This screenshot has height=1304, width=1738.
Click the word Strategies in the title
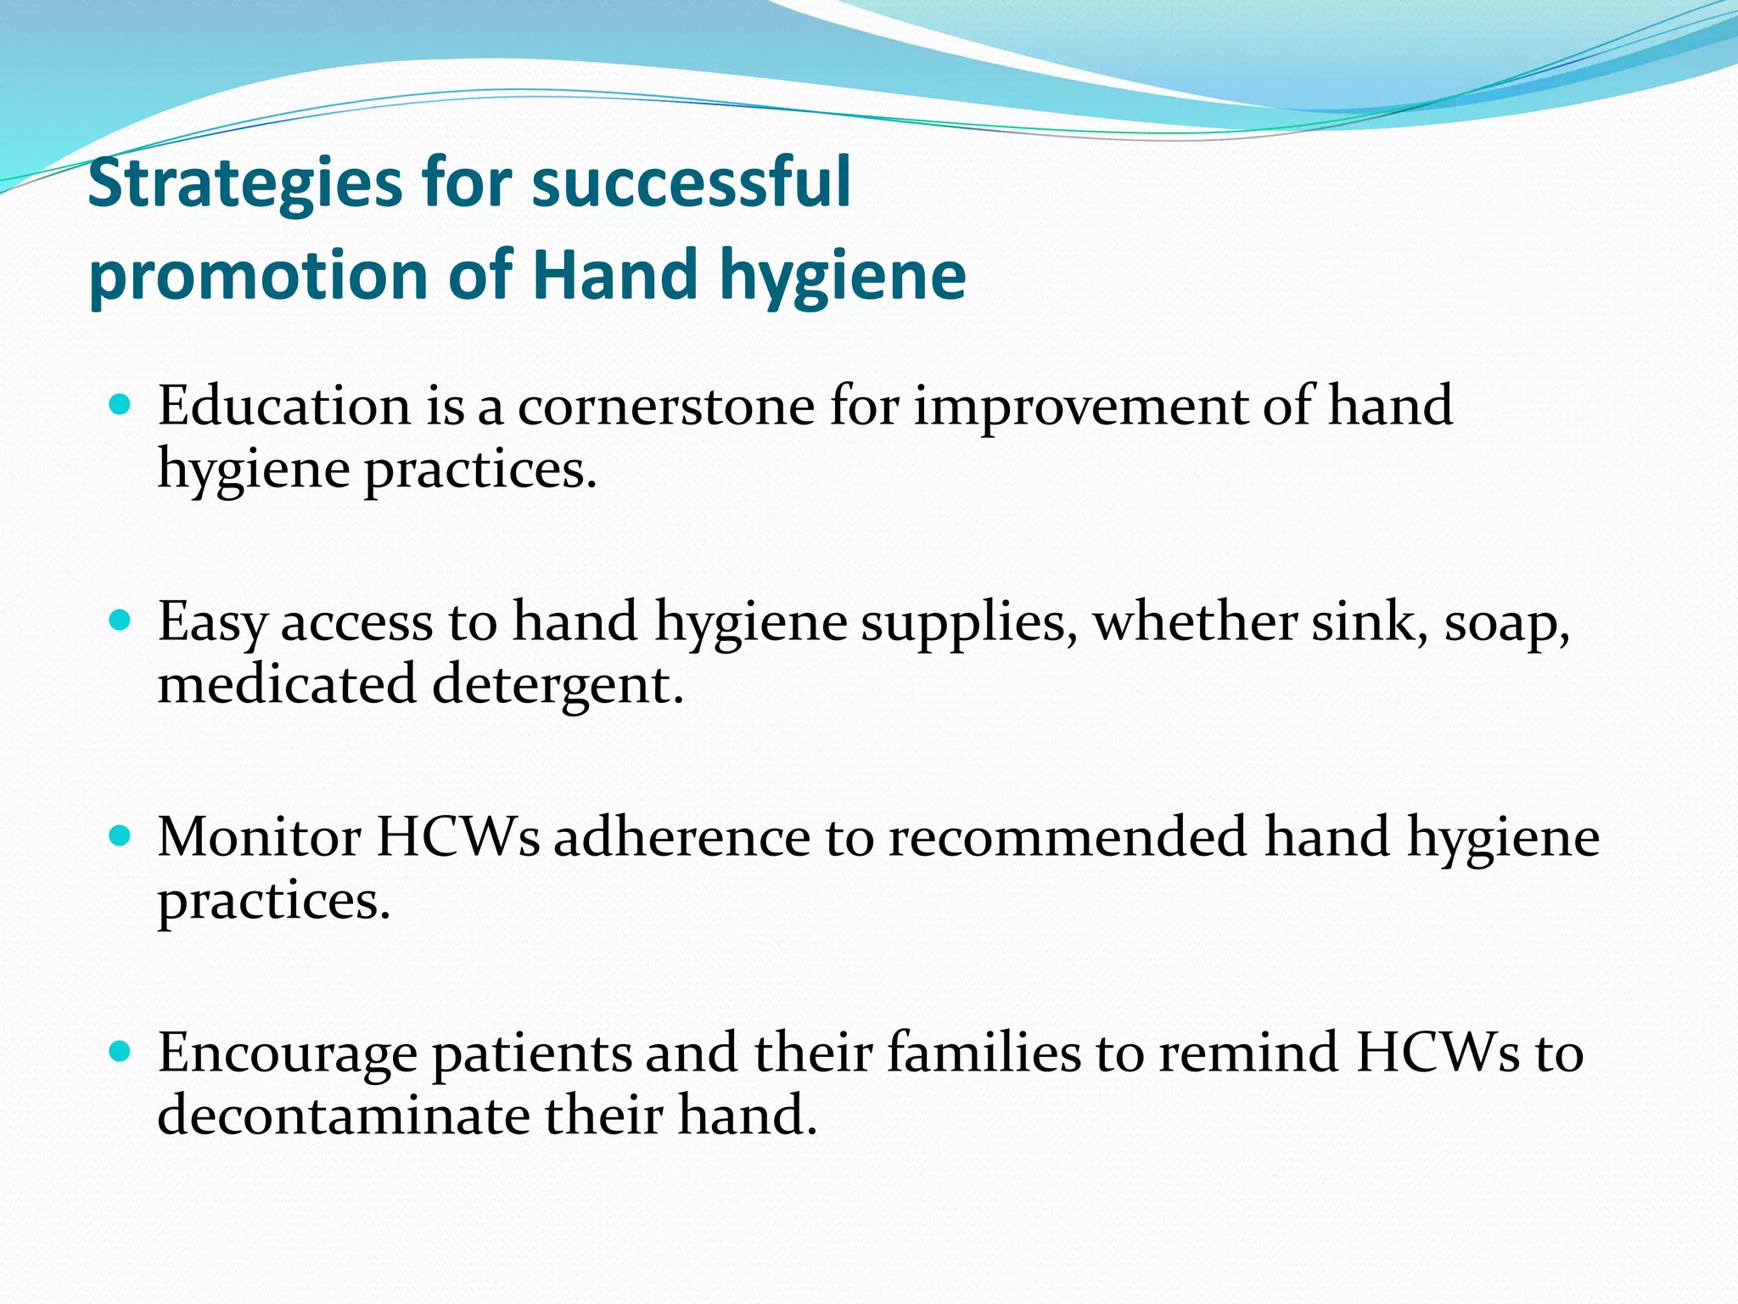pyautogui.click(x=245, y=184)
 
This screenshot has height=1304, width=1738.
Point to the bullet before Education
pyautogui.click(x=121, y=404)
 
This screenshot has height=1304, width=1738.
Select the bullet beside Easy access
pyautogui.click(x=121, y=621)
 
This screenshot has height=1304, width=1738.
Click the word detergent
pyautogui.click(x=557, y=685)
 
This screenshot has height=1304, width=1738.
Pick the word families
pyautogui.click(x=984, y=1053)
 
